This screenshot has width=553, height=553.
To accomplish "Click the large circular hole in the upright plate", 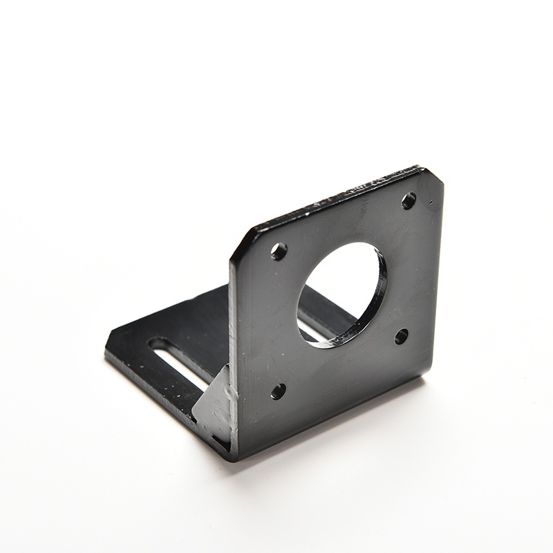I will tap(340, 293).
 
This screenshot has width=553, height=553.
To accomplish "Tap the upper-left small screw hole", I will tap(279, 251).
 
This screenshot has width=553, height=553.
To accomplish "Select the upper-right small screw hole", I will tap(409, 200).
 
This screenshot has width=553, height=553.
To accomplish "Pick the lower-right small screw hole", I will tap(401, 337).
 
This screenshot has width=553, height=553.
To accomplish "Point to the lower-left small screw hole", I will tap(278, 391).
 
